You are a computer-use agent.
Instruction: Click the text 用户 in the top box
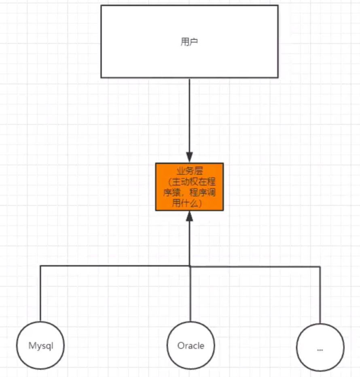pyautogui.click(x=189, y=42)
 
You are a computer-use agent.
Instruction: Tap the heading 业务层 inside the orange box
pyautogui.click(x=189, y=170)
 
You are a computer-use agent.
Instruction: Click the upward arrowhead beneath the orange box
pyautogui.click(x=189, y=216)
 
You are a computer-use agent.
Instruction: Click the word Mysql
pyautogui.click(x=40, y=346)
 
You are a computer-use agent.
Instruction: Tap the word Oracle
pyautogui.click(x=191, y=346)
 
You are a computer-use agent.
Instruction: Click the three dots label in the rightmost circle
pyautogui.click(x=320, y=349)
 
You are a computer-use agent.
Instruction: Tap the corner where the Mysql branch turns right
pyautogui.click(x=40, y=266)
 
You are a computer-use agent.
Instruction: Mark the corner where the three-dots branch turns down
pyautogui.click(x=320, y=266)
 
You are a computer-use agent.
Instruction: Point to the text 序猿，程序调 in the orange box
pyautogui.click(x=189, y=193)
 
